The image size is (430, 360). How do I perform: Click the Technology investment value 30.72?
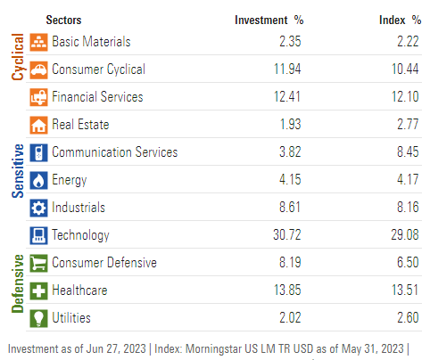(288, 235)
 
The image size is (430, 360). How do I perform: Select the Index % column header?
(398, 20)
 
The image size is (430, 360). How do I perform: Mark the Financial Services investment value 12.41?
(288, 97)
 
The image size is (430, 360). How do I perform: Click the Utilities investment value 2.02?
(291, 318)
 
